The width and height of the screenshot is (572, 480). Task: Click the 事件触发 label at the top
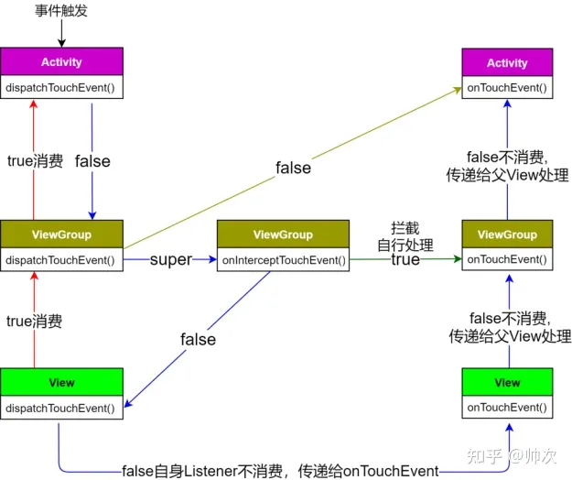click(x=62, y=11)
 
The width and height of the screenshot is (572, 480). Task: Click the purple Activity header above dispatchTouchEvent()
click(x=61, y=62)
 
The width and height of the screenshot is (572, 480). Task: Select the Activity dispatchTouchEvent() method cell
click(x=61, y=88)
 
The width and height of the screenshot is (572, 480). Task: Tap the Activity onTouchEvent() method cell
click(x=507, y=88)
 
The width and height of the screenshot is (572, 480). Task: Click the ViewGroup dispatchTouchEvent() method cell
click(x=61, y=260)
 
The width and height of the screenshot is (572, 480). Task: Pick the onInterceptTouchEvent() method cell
click(x=284, y=260)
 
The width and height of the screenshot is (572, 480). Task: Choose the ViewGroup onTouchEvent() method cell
click(x=507, y=260)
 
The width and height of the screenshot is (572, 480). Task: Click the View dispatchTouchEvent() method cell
click(x=61, y=407)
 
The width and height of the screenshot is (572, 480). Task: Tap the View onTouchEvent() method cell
click(x=507, y=407)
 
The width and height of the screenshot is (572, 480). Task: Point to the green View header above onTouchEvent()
click(x=507, y=382)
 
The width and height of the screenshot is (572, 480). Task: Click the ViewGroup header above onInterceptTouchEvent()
click(x=284, y=235)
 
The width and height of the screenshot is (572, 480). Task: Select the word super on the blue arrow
click(x=171, y=259)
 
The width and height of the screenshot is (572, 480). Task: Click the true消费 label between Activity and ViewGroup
click(x=34, y=161)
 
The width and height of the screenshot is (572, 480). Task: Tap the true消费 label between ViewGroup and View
click(x=34, y=321)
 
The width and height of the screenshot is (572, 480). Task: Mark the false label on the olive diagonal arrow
click(x=294, y=168)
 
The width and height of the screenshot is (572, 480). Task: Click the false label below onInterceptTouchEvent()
click(x=199, y=339)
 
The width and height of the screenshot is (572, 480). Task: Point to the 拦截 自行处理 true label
click(x=405, y=243)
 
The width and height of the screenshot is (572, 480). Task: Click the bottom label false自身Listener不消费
click(x=280, y=471)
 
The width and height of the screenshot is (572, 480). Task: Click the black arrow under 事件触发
click(x=62, y=34)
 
